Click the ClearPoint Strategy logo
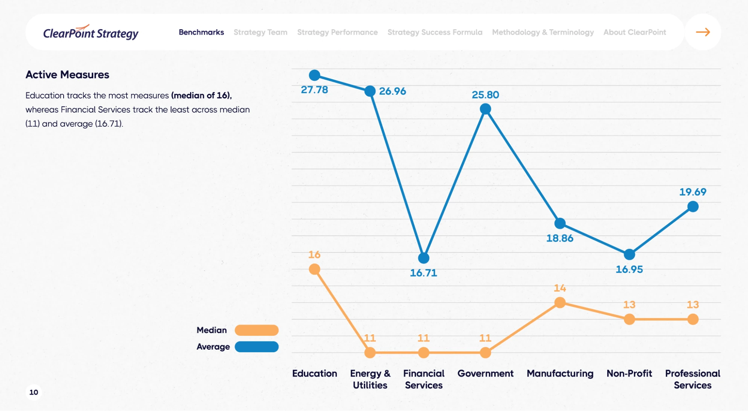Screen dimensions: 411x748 click(91, 33)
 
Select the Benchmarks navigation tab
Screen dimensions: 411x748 click(201, 32)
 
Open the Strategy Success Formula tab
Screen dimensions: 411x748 click(435, 32)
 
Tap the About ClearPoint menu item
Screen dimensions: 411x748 click(635, 32)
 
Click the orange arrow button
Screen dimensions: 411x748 click(703, 32)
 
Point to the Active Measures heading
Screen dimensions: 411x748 click(67, 75)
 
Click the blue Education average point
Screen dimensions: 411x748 click(314, 75)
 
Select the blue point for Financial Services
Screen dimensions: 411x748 click(424, 258)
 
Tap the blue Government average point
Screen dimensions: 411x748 click(485, 109)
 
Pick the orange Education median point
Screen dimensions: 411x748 click(314, 269)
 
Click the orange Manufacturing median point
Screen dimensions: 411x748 click(560, 303)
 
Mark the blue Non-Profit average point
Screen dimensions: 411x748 click(629, 255)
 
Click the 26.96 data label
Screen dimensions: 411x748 click(392, 91)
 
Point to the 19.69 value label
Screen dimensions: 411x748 click(693, 192)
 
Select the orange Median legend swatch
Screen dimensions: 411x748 click(257, 330)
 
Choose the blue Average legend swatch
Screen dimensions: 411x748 click(257, 347)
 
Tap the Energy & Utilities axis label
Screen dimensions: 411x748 click(370, 379)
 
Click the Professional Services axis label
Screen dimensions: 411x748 click(693, 379)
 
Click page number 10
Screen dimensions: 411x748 click(34, 392)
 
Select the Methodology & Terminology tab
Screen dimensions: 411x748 click(543, 32)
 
